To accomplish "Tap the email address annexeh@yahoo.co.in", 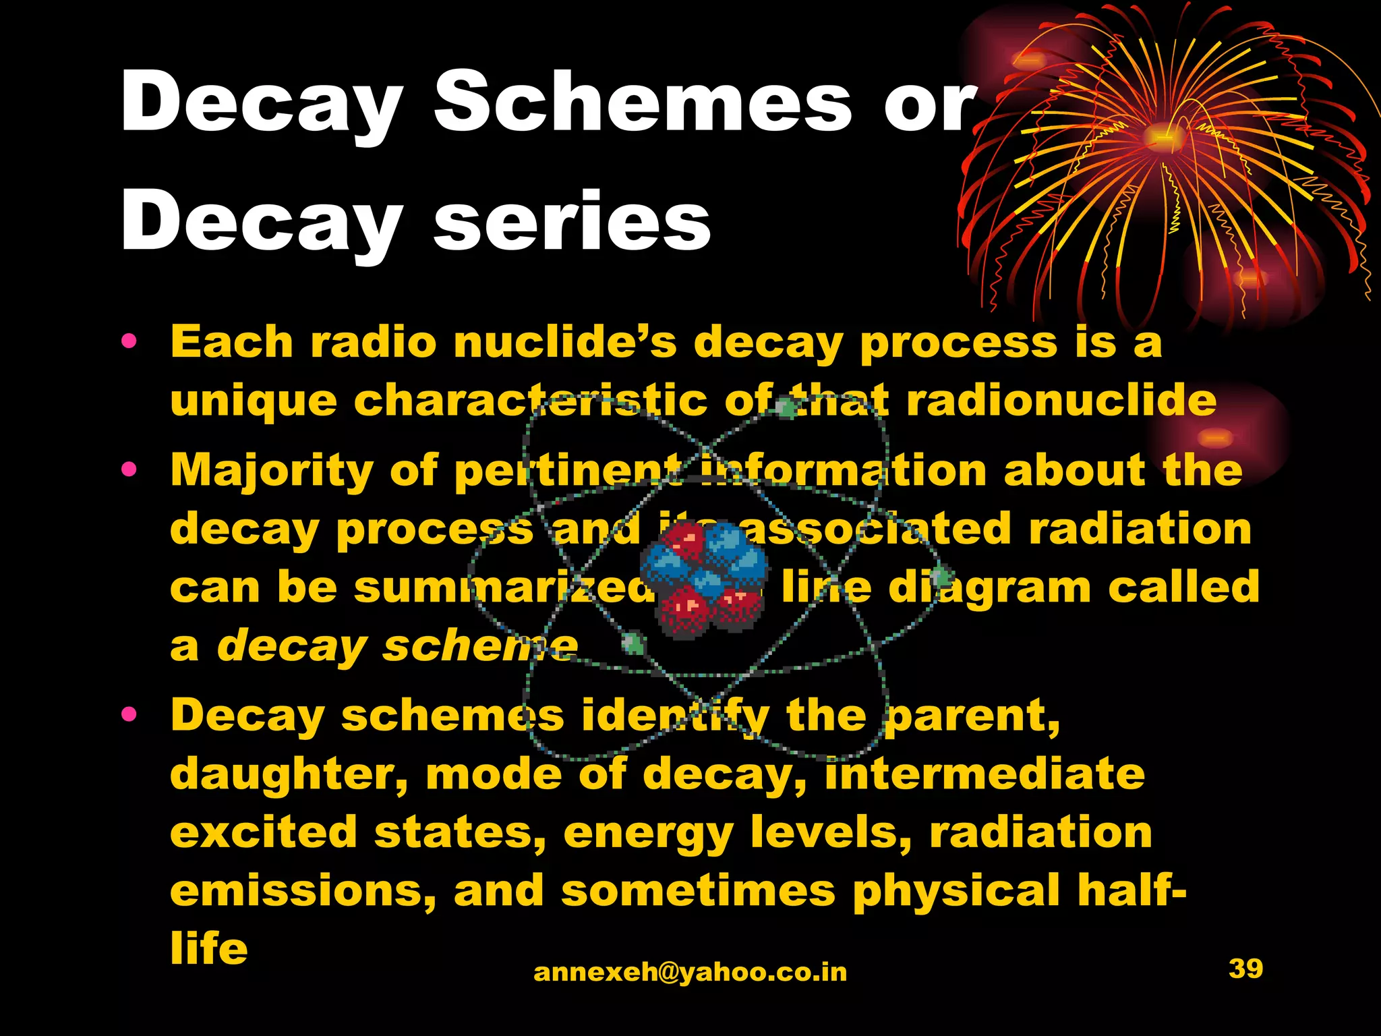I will pyautogui.click(x=690, y=972).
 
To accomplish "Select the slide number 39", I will pyautogui.click(x=1245, y=969).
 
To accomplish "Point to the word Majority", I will pyautogui.click(x=271, y=470).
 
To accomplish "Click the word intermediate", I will pyautogui.click(x=985, y=774).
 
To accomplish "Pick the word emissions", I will pyautogui.click(x=303, y=891).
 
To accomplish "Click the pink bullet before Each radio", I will pyautogui.click(x=129, y=341).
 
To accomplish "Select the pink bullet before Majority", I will pyautogui.click(x=129, y=469).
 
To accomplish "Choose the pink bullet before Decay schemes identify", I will pyautogui.click(x=129, y=714).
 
